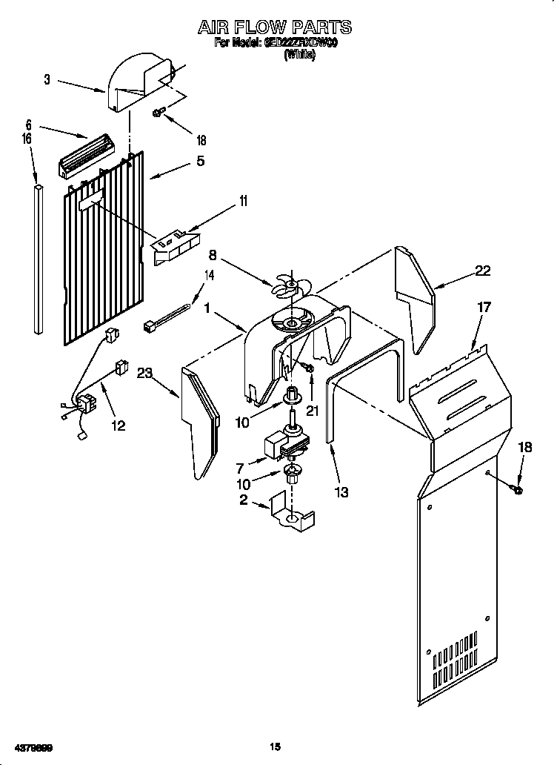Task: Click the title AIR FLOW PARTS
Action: click(x=273, y=27)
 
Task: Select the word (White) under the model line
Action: click(x=300, y=56)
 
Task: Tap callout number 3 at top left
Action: click(x=47, y=80)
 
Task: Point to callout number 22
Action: click(x=482, y=271)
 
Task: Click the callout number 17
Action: click(x=483, y=306)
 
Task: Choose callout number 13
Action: click(x=341, y=492)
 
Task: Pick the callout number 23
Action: click(x=144, y=374)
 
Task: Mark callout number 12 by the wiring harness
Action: click(x=118, y=425)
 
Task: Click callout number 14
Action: click(x=210, y=276)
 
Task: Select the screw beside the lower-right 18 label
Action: click(x=516, y=489)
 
